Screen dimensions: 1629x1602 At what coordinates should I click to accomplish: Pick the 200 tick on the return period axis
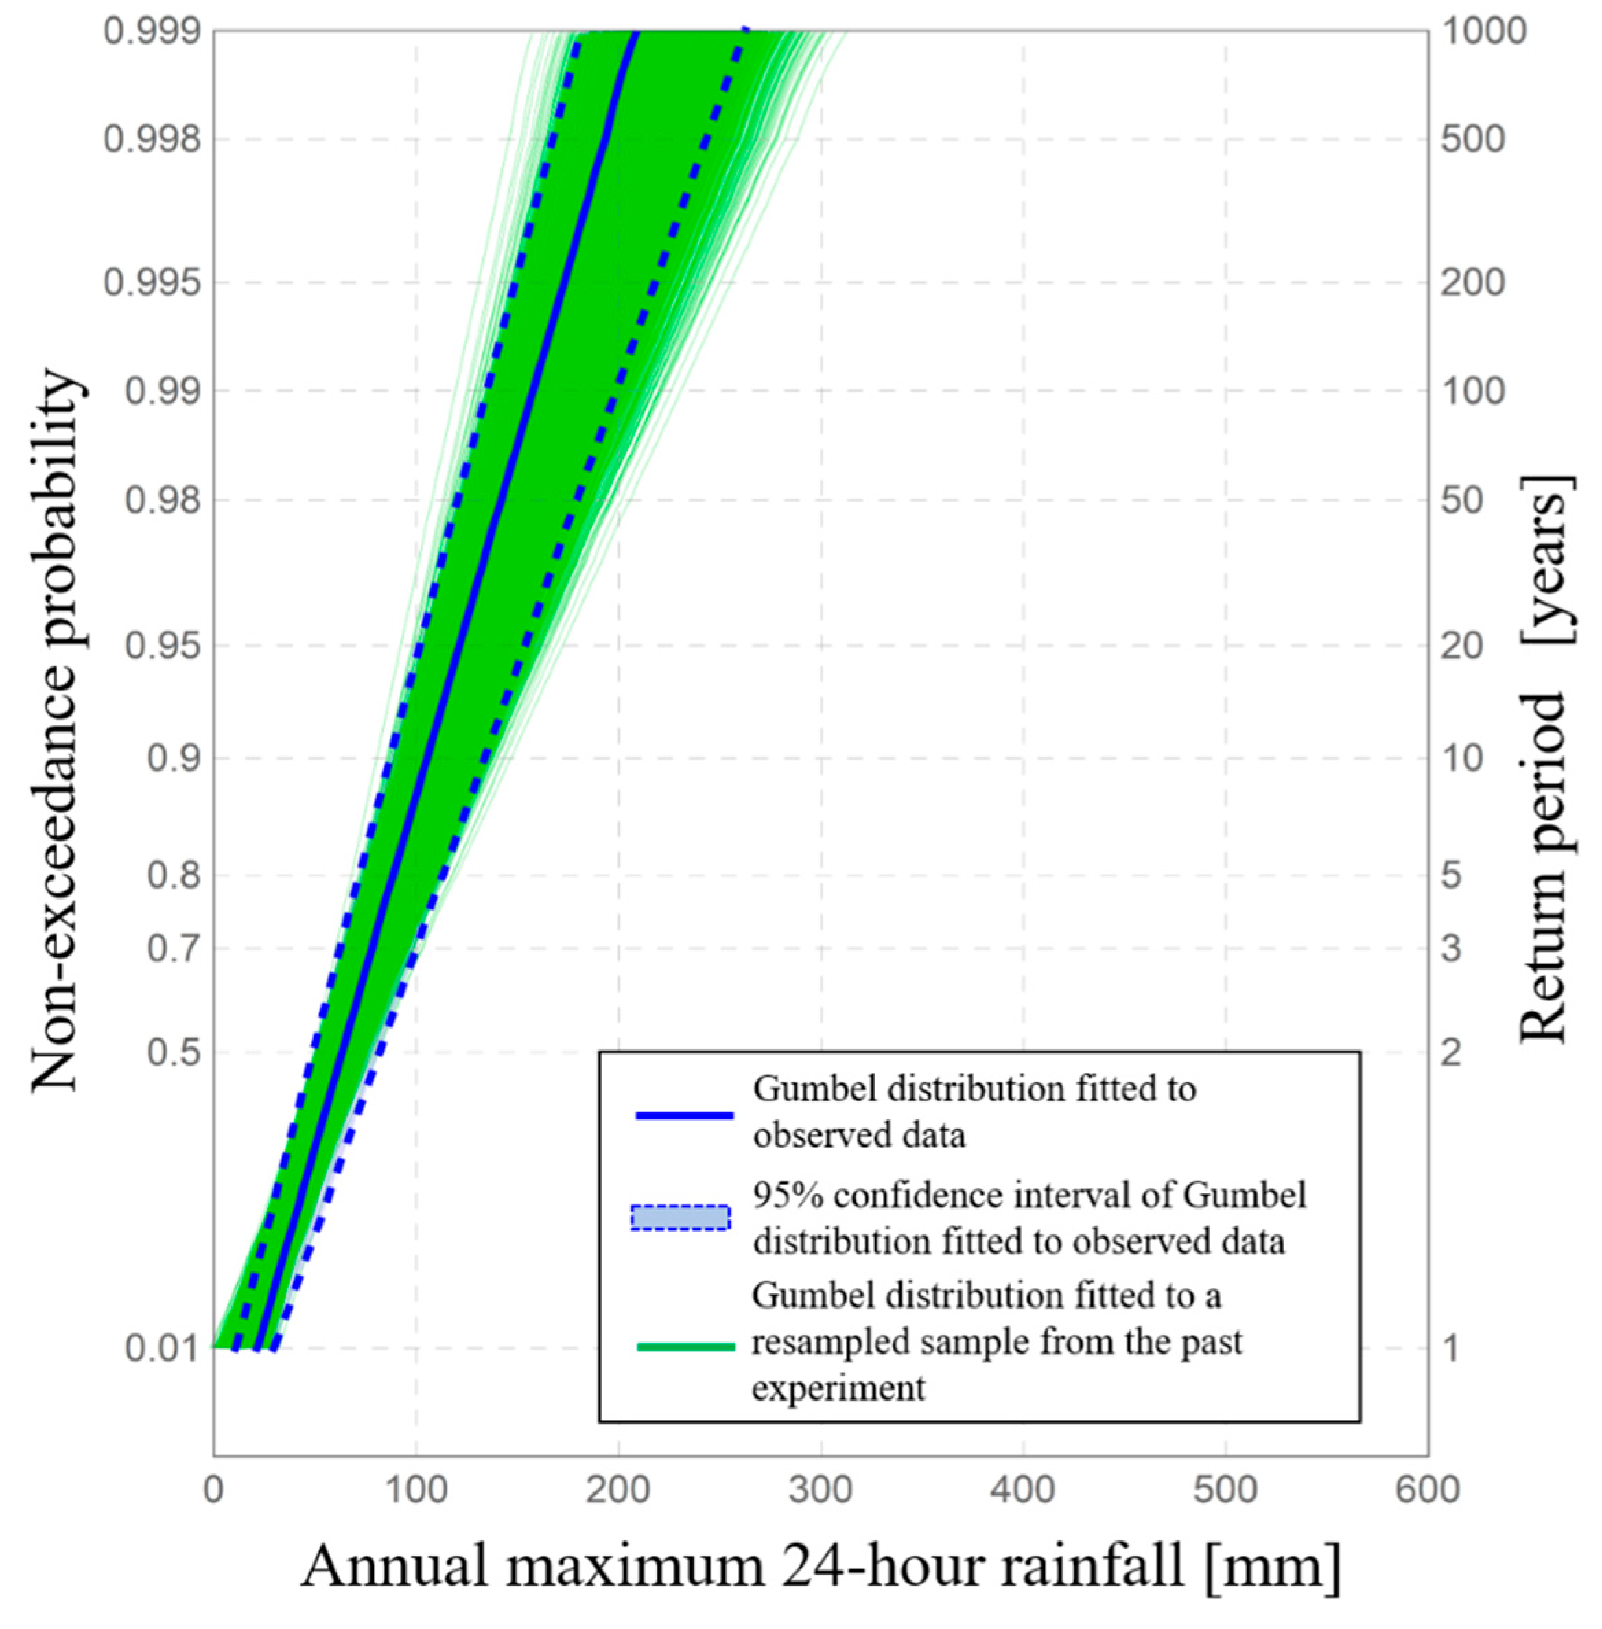tap(1472, 282)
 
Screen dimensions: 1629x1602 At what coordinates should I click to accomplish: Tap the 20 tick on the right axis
tap(1461, 646)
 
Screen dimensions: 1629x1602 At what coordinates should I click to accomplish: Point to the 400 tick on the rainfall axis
tap(1023, 1490)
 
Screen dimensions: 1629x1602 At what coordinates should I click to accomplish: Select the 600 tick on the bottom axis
tap(1427, 1490)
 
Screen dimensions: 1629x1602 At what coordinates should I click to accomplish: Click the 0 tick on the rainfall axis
tap(213, 1490)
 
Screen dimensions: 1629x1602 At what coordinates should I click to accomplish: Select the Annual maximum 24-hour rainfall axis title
tap(821, 1567)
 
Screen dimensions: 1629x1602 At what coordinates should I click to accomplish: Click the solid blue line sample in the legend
tap(684, 1115)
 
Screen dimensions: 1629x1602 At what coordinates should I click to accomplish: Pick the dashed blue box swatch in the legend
tap(681, 1217)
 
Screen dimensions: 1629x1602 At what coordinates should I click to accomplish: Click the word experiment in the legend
tap(838, 1387)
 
